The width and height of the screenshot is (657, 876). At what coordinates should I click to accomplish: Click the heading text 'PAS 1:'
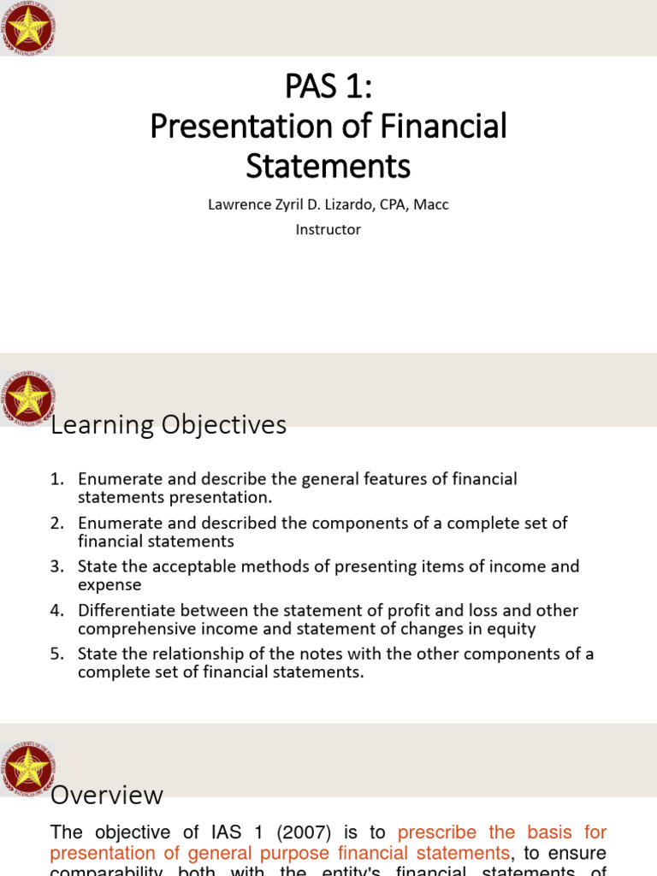pyautogui.click(x=328, y=88)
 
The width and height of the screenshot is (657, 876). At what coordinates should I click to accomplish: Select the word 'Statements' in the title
pyautogui.click(x=328, y=165)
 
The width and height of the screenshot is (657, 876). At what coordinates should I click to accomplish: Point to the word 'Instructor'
pyautogui.click(x=328, y=229)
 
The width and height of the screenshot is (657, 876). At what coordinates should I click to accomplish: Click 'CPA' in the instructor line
pyautogui.click(x=397, y=205)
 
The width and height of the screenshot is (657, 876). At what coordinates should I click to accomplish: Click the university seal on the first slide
pyautogui.click(x=28, y=28)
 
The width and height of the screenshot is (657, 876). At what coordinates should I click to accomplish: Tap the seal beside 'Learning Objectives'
pyautogui.click(x=28, y=398)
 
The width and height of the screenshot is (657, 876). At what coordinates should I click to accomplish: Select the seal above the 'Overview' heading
pyautogui.click(x=28, y=767)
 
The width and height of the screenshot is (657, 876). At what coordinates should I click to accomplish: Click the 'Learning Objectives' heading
pyautogui.click(x=169, y=424)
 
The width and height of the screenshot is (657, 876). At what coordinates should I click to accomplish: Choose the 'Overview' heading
pyautogui.click(x=107, y=795)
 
